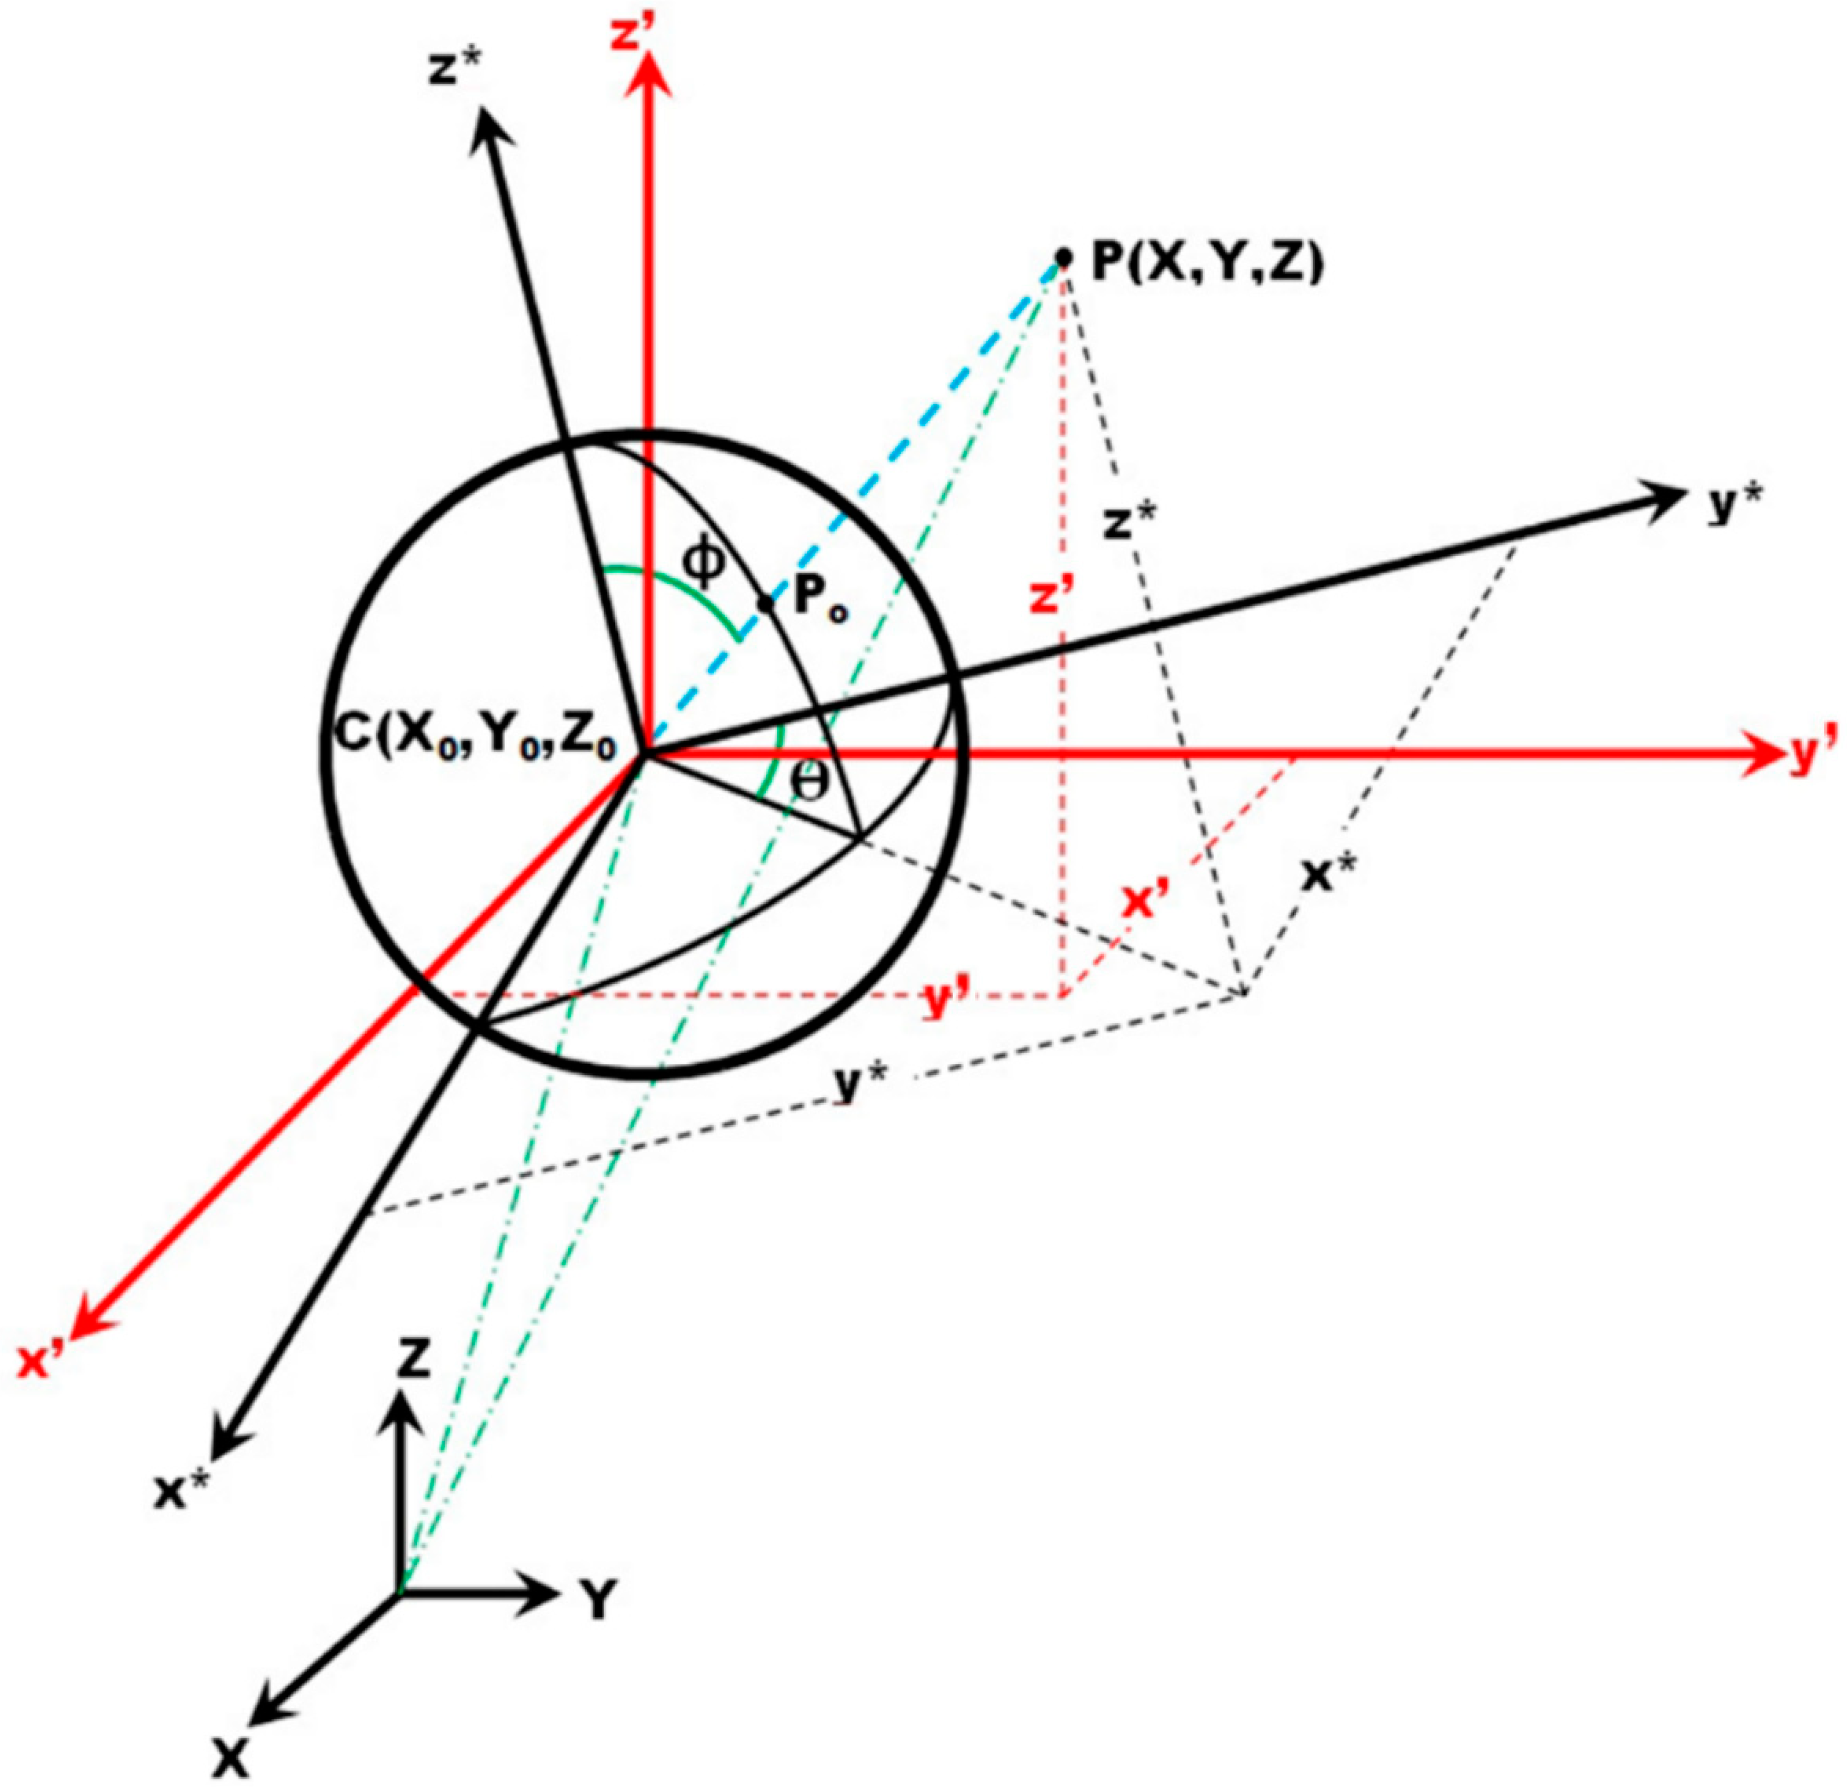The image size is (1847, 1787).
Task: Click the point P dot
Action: pos(1064,256)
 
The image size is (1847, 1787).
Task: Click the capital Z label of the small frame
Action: pos(412,1360)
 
